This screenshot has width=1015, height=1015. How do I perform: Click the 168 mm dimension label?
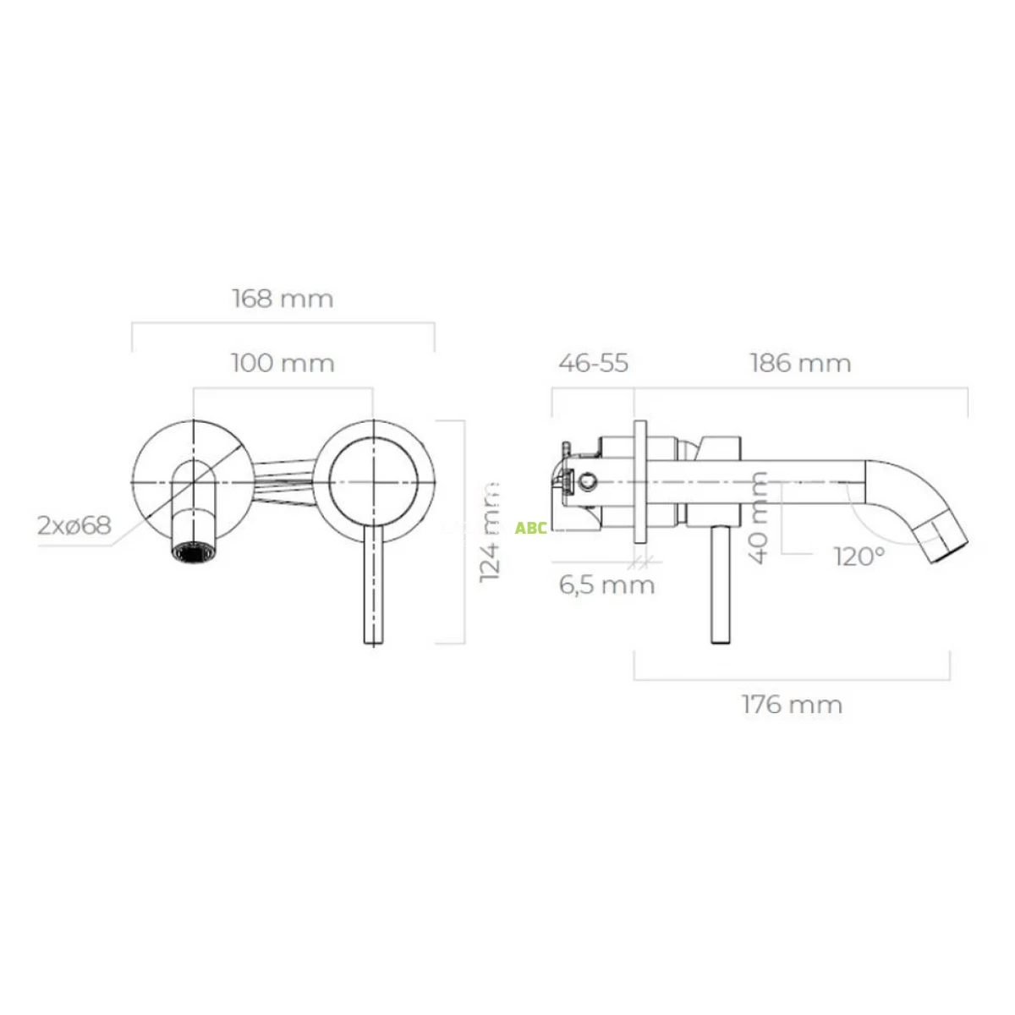[283, 299]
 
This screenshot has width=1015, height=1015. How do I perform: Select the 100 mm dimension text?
[283, 364]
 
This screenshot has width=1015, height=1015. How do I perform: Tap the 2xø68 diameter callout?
[74, 525]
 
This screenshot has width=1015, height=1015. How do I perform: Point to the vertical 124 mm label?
[490, 532]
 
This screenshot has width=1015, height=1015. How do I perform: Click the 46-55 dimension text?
[593, 364]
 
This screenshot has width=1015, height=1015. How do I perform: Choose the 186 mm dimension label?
[800, 364]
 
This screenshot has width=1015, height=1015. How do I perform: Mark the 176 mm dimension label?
[793, 705]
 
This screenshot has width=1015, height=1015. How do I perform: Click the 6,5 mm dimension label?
[606, 585]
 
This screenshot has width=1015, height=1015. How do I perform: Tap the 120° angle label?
[859, 557]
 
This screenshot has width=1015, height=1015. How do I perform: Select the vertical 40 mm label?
[759, 517]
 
